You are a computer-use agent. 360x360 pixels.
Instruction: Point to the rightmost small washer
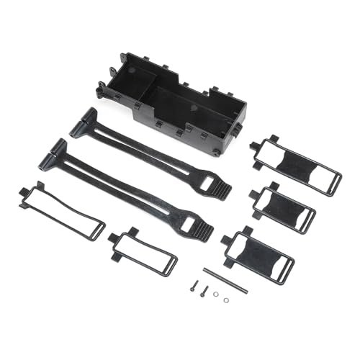227,300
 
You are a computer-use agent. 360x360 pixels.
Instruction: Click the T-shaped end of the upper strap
85,122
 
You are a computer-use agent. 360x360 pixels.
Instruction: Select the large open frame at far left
61,212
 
